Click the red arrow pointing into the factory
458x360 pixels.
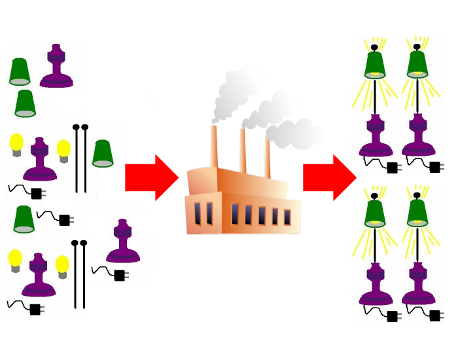(x=150, y=177)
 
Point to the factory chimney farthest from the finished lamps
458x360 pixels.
(x=214, y=147)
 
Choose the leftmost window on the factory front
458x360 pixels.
(x=198, y=213)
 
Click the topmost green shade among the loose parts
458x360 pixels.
(x=20, y=72)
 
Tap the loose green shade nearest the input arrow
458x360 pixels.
(x=103, y=154)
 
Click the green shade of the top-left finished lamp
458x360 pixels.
(x=375, y=65)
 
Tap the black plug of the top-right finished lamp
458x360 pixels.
(x=435, y=168)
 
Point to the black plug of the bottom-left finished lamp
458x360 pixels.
(x=393, y=317)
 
